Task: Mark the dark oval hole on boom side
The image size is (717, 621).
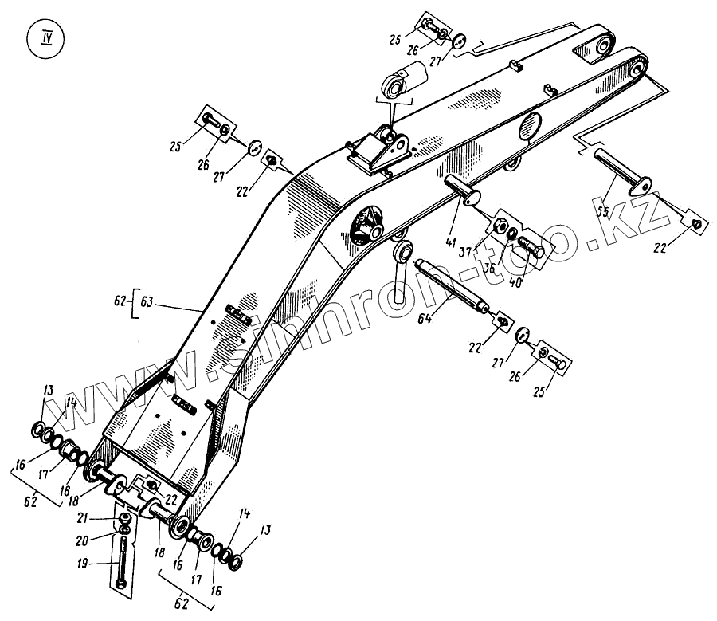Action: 530,127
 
